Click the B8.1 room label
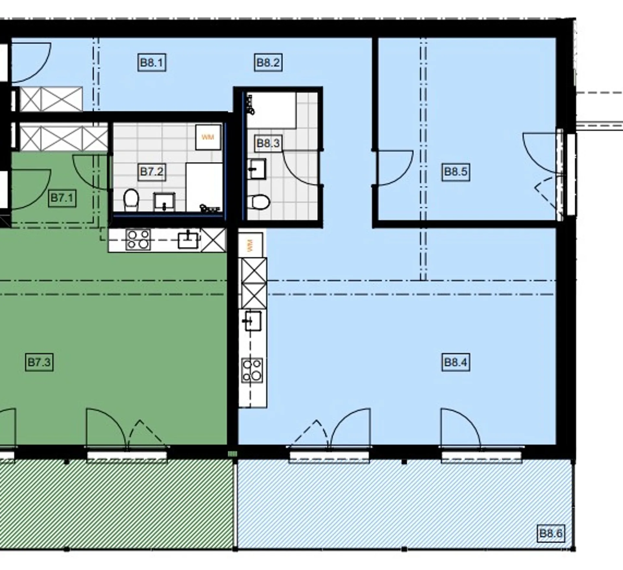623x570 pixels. coord(152,63)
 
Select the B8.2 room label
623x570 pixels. coord(268,63)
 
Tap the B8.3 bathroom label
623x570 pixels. coord(268,143)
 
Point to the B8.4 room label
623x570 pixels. coord(456,362)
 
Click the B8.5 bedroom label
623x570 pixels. coord(456,172)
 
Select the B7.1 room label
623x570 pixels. coord(62,198)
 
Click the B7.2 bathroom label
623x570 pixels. coord(152,172)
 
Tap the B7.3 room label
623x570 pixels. coord(39,362)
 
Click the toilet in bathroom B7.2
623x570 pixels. coord(131,200)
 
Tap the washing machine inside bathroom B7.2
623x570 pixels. coord(208,137)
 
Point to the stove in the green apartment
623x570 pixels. coord(138,240)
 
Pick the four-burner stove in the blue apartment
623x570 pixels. coord(252,370)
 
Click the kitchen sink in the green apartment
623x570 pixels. coord(188,240)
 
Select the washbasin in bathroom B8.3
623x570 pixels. coord(256,169)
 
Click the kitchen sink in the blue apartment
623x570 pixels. coord(253,320)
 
